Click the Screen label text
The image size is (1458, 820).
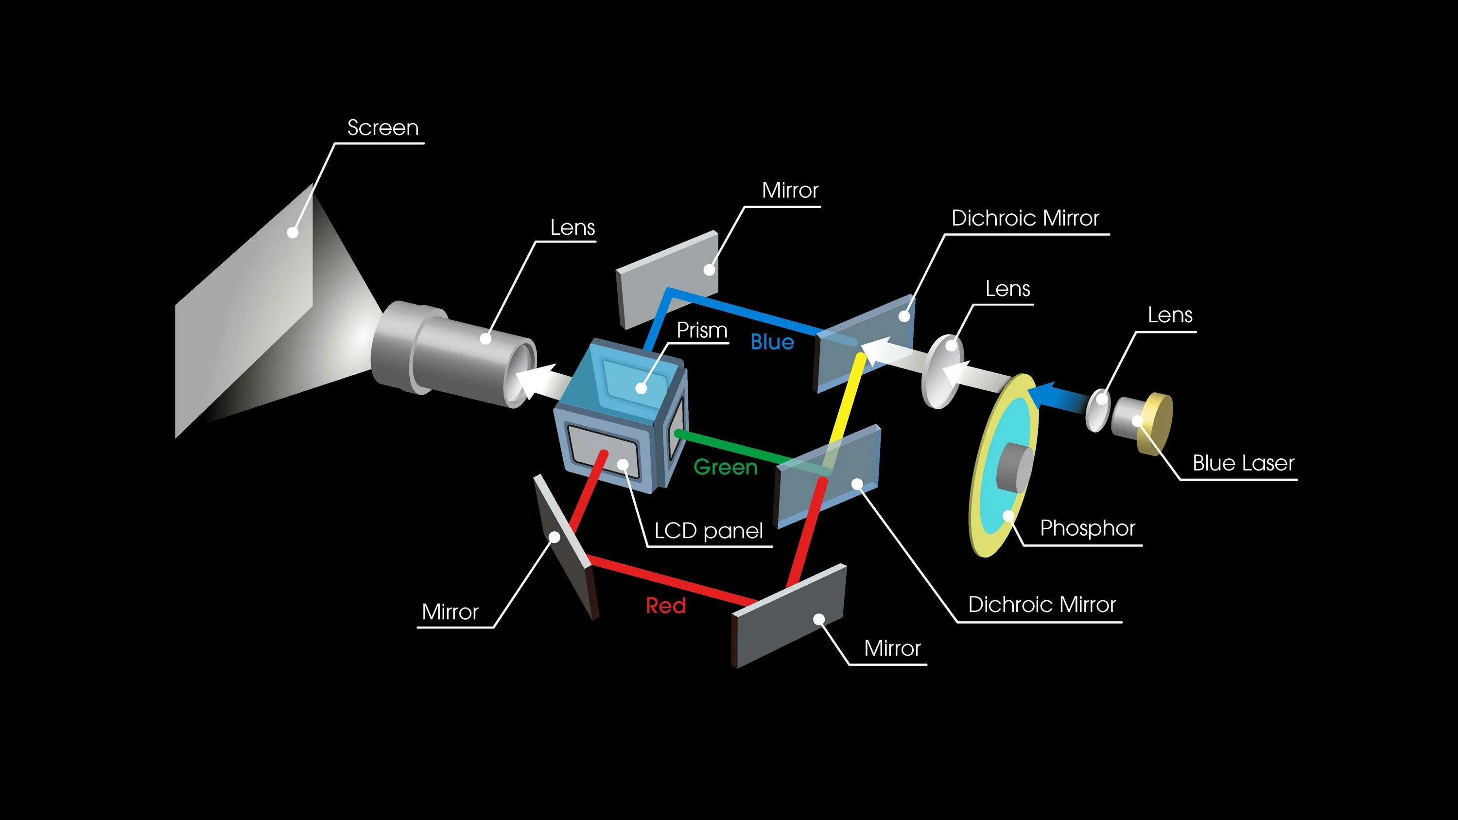[x=382, y=128]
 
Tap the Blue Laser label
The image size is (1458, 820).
[x=1243, y=463]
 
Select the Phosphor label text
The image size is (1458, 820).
[x=1087, y=528]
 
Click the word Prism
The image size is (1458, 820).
[x=702, y=330]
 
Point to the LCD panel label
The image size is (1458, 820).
[x=709, y=531]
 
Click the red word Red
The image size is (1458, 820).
[x=666, y=606]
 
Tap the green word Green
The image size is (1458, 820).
[x=725, y=468]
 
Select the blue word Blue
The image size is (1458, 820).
[x=772, y=342]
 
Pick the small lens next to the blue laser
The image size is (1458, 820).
[x=1097, y=410]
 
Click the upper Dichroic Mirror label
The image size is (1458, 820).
[x=1025, y=218]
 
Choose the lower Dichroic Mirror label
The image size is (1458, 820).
[x=1041, y=604]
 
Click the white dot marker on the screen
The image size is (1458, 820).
[x=293, y=232]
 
